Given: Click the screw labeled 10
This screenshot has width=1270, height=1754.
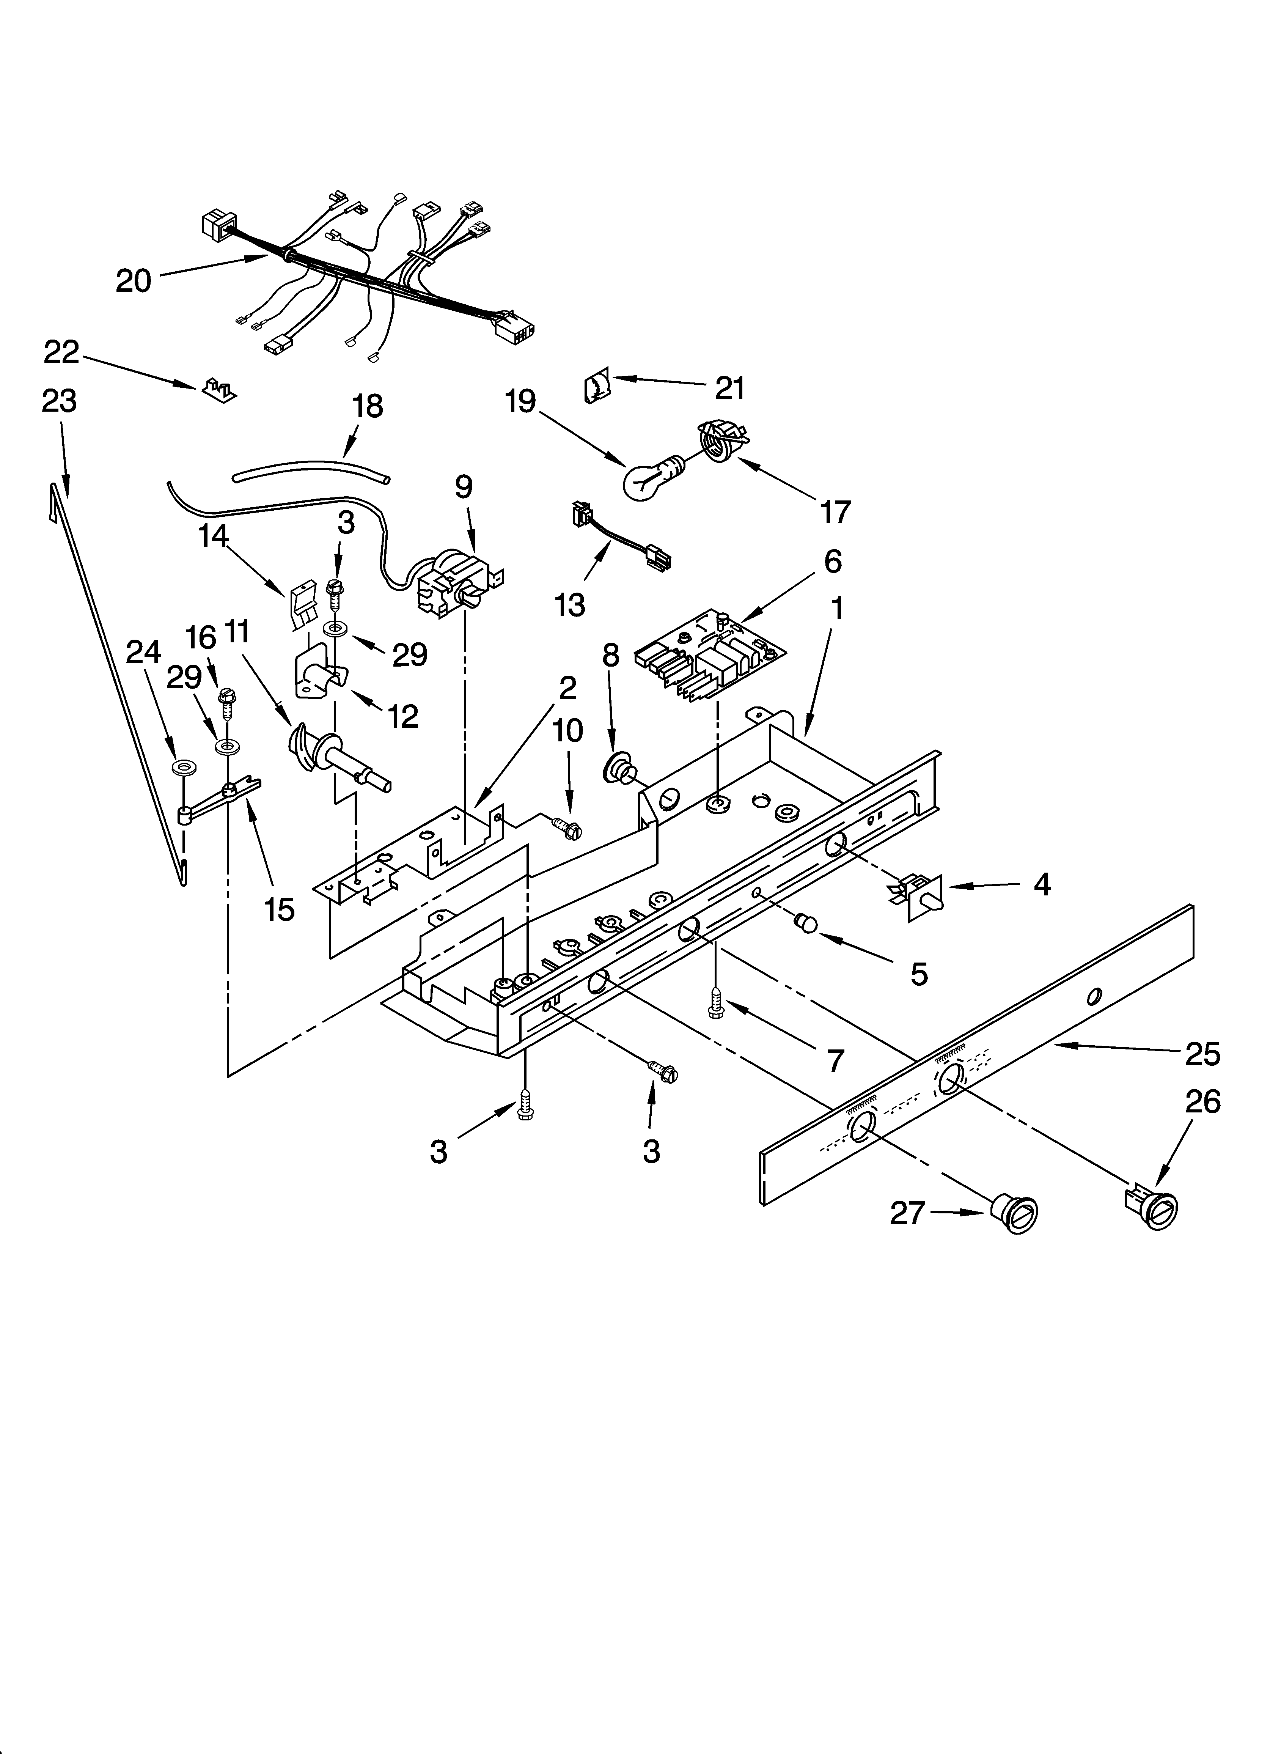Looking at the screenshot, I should [567, 829].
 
